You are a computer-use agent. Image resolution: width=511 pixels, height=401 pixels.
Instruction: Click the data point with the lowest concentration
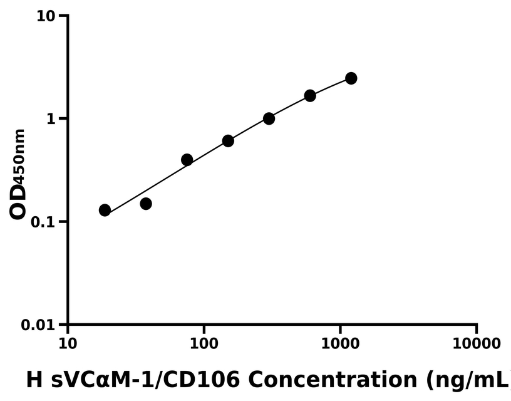click(105, 210)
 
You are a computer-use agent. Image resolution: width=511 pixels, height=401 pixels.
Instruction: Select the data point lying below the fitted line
click(146, 204)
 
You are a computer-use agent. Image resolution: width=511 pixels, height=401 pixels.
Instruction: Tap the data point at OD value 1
click(269, 118)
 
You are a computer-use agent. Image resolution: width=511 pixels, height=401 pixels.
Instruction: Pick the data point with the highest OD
click(351, 78)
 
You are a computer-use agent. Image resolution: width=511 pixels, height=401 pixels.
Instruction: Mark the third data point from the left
click(187, 160)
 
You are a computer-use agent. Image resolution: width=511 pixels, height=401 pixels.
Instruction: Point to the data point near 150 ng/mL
click(228, 141)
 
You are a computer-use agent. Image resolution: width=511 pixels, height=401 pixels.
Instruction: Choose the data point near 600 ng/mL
click(310, 96)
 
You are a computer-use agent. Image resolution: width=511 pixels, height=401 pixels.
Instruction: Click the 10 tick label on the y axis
click(46, 16)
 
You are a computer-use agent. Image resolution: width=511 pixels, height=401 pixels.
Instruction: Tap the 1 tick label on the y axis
click(53, 118)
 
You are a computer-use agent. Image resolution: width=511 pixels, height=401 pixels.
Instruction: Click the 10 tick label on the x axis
click(68, 343)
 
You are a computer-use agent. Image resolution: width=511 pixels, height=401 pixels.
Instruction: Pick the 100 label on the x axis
click(204, 343)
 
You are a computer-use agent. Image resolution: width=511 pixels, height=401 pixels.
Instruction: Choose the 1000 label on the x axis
click(340, 343)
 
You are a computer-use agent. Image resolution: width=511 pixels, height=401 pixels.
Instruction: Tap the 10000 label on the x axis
click(477, 343)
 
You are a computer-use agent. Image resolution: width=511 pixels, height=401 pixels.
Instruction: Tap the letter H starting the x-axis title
click(35, 379)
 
